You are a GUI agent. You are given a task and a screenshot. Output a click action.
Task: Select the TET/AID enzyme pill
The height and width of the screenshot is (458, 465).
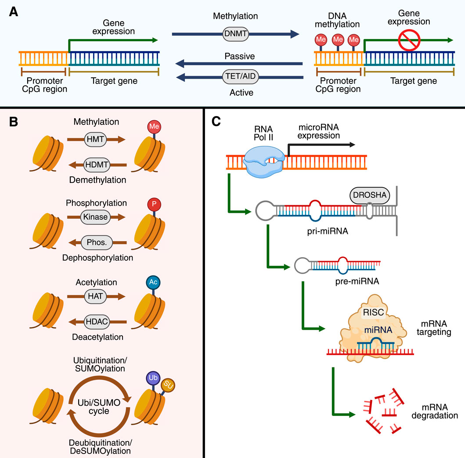coord(239,78)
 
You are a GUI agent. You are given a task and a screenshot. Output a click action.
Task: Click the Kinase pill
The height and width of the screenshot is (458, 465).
coord(96,217)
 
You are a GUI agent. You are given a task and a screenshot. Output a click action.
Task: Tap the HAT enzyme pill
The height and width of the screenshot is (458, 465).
coord(96,296)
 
